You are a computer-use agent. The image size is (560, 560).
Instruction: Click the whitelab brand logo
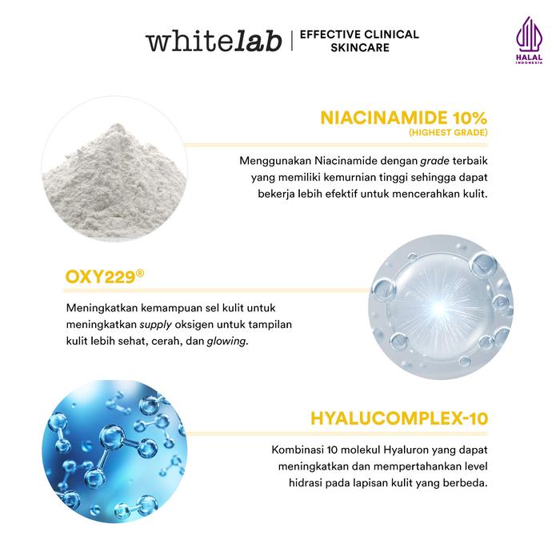214,42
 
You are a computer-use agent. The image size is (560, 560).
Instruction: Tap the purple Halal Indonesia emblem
529,40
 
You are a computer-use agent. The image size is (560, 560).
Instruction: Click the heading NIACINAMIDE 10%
403,118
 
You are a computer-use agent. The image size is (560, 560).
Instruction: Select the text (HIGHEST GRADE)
448,133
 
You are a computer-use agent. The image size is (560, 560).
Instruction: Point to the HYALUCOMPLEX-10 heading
399,418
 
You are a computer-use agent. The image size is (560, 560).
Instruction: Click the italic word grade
434,161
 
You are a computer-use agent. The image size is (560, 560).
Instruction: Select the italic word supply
156,325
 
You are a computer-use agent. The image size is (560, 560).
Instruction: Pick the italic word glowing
227,342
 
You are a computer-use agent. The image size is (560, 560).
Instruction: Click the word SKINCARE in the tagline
360,47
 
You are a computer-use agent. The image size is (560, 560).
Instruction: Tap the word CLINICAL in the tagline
391,34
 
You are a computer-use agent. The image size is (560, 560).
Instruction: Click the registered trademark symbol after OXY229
140,274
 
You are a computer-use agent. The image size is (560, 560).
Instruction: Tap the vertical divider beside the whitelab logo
292,41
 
